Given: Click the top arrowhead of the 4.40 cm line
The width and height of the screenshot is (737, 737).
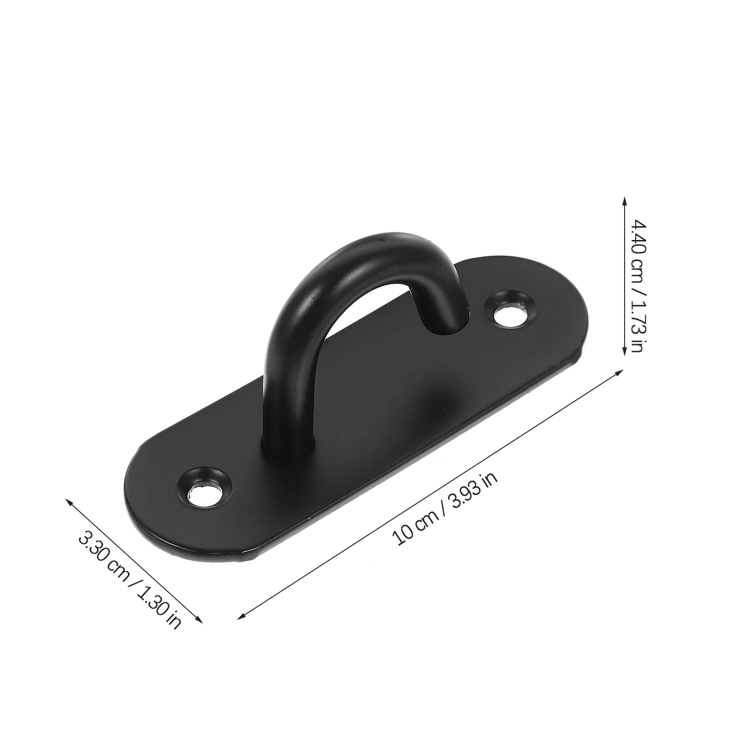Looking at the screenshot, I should click(625, 199).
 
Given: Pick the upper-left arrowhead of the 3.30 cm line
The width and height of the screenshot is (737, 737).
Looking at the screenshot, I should click(69, 501).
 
